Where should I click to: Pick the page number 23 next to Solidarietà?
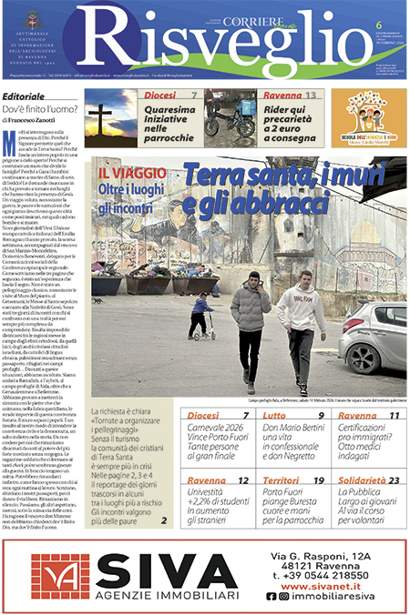point(394,480)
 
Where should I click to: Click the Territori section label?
point(282,480)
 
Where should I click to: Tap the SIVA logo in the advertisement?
point(136,575)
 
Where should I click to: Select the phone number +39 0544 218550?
point(320,575)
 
